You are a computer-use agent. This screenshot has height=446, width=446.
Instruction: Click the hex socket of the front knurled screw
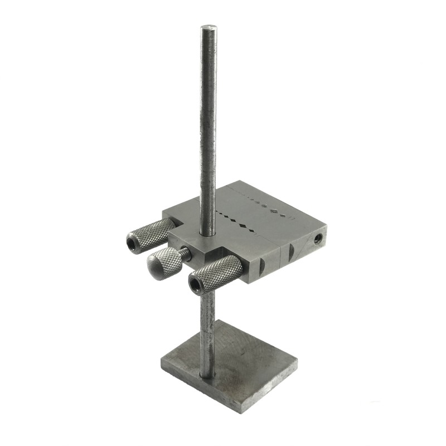point(195,285)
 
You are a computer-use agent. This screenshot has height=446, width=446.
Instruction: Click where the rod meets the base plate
point(207,375)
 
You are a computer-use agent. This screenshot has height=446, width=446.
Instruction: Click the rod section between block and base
point(207,329)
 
